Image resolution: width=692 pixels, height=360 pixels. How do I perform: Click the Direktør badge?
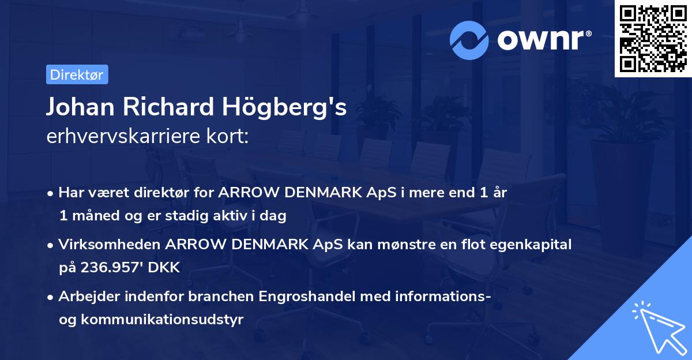77,74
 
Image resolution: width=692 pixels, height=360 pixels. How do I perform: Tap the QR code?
653,38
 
